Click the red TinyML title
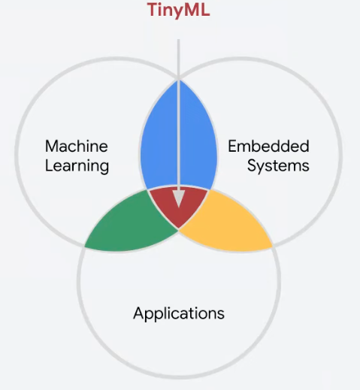(178, 11)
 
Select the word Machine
(77, 147)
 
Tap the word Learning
(77, 166)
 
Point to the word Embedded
(268, 146)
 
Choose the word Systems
(278, 166)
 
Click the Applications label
(179, 313)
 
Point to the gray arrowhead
(179, 198)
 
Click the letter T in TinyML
(153, 10)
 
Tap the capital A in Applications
(140, 313)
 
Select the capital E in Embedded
(232, 147)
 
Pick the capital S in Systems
(253, 165)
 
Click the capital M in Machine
(52, 147)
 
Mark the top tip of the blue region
(179, 80)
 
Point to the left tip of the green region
(85, 247)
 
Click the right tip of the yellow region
(272, 247)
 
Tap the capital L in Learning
(50, 165)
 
